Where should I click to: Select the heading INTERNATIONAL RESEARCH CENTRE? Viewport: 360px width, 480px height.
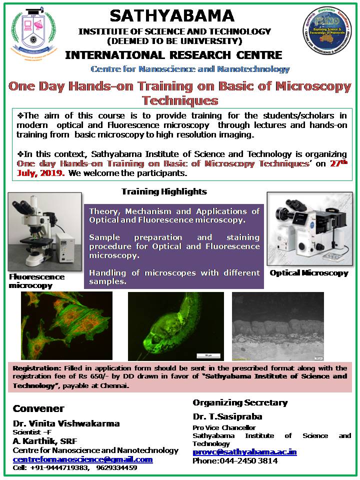[x=173, y=54]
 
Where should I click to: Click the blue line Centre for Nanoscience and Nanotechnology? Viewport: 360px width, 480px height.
[x=190, y=69]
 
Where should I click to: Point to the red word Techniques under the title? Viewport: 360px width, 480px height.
[x=180, y=100]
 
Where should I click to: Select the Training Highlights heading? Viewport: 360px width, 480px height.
[x=164, y=191]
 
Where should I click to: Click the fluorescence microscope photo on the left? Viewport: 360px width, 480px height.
[x=45, y=231]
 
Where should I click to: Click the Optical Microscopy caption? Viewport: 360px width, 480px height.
[x=309, y=273]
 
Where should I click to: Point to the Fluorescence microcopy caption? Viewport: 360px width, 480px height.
[x=36, y=281]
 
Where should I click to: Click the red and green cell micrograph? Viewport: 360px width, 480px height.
[x=66, y=325]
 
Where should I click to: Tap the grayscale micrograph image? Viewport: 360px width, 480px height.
[x=277, y=325]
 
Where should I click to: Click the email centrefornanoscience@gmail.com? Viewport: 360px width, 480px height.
[x=82, y=459]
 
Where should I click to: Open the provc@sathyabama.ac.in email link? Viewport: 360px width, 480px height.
[x=244, y=452]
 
